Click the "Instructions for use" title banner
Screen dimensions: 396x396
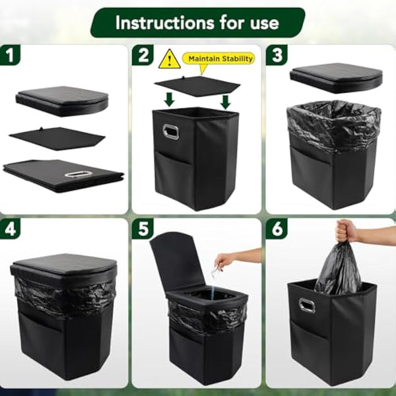point(197,22)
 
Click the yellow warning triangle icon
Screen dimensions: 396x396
point(169,59)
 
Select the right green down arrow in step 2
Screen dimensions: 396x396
point(225,100)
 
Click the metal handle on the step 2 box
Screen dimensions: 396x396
point(170,131)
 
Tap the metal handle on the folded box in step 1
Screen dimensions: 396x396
point(77,174)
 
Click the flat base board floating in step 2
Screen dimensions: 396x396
point(197,85)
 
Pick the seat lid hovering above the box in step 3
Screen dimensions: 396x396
point(336,77)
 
